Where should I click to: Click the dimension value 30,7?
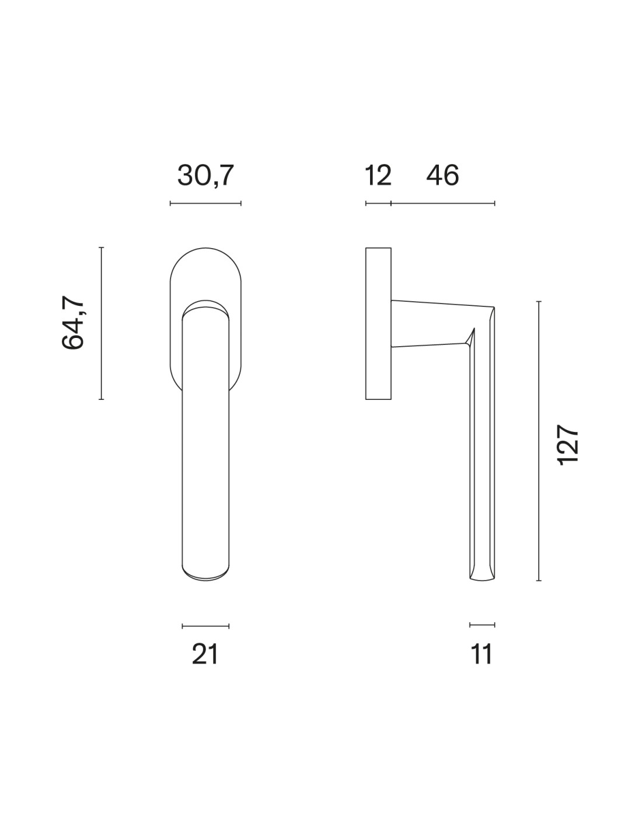coord(205,176)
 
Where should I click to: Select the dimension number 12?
coord(378,176)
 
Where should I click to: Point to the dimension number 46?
coord(442,176)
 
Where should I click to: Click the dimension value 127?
coord(568,445)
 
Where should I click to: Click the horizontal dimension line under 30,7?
coord(205,203)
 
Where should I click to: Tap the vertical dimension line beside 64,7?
coord(101,323)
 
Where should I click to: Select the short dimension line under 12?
coord(378,203)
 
